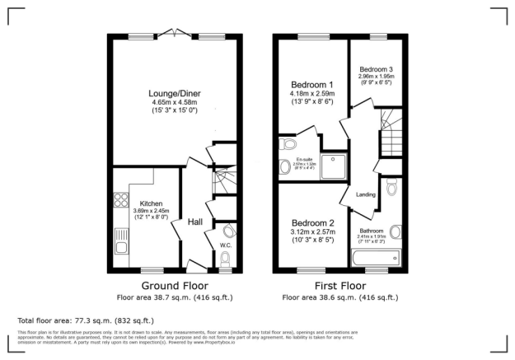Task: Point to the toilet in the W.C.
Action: click(x=225, y=259)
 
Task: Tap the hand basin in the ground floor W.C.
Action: click(x=228, y=231)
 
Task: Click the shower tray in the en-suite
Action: click(x=335, y=165)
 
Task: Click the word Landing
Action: click(x=366, y=194)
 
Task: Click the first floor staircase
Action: click(x=388, y=136)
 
